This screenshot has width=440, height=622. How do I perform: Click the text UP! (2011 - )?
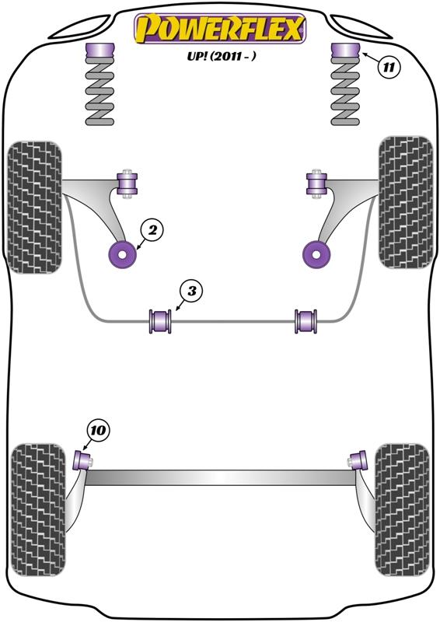(221, 57)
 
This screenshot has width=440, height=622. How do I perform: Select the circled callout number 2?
(152, 229)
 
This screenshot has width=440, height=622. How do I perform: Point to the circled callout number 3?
(190, 292)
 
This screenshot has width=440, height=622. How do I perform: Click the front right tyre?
(404, 203)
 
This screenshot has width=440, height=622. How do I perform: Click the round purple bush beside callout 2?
(123, 253)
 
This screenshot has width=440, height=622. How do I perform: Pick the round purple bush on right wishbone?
(315, 253)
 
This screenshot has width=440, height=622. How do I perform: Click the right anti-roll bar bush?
(306, 320)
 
